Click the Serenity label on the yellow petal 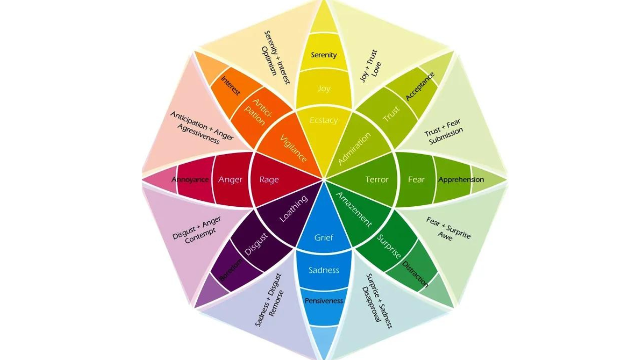click(324, 55)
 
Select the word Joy click(324, 88)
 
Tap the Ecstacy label click(324, 120)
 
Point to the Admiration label click(355, 149)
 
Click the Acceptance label click(420, 86)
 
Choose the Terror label click(377, 180)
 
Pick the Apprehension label click(461, 180)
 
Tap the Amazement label click(354, 210)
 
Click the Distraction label click(416, 274)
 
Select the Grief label click(324, 238)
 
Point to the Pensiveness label click(324, 300)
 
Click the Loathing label click(294, 209)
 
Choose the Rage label click(269, 180)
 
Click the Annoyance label click(190, 180)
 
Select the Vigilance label click(294, 149)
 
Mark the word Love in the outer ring click(377, 69)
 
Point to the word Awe click(445, 237)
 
